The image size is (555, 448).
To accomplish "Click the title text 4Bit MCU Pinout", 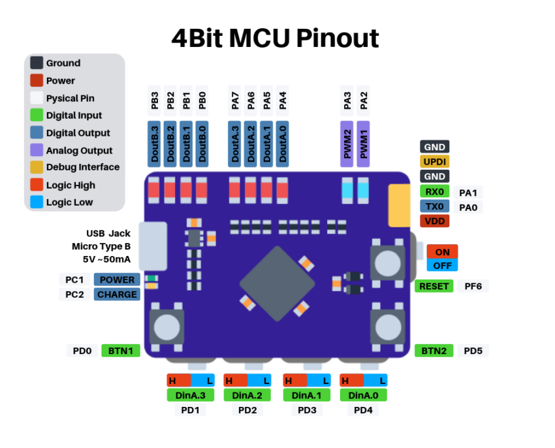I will point(275,39).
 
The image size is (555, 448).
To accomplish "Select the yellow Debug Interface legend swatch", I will point(37,167).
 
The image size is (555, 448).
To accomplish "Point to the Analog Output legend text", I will point(79,150).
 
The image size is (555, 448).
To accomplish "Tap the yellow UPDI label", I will point(435,161).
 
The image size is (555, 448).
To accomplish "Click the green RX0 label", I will point(435,191).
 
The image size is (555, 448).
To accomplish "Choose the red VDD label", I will point(435,221).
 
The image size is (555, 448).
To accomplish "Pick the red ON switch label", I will point(442,252).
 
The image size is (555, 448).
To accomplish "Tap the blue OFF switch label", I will point(442,265).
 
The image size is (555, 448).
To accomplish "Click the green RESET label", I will point(434,286).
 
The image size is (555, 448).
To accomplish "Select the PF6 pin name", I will point(473,286).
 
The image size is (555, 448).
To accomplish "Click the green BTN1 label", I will point(121,351).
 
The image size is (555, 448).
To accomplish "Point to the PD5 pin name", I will point(473,351).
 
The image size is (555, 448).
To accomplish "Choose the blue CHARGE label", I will point(117,295).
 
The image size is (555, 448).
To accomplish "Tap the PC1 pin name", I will point(75,280).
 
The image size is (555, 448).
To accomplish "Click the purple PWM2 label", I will point(347,143).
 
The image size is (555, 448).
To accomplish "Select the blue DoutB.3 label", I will point(155,143).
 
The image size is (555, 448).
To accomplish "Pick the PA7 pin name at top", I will point(235,100).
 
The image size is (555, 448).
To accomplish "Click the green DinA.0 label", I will point(363,395).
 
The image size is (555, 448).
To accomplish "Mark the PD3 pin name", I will point(307,410).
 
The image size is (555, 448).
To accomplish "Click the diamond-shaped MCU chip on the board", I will point(273,283).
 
